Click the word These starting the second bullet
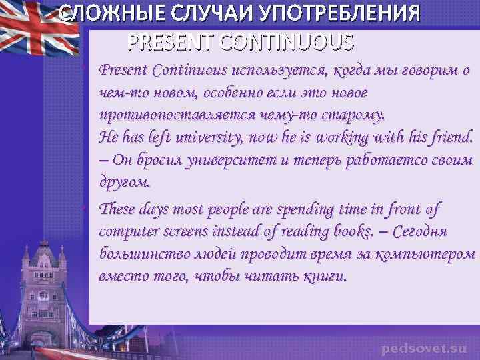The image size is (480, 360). point(117,209)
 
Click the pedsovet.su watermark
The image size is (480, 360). point(425,348)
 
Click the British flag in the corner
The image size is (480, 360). point(30,30)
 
